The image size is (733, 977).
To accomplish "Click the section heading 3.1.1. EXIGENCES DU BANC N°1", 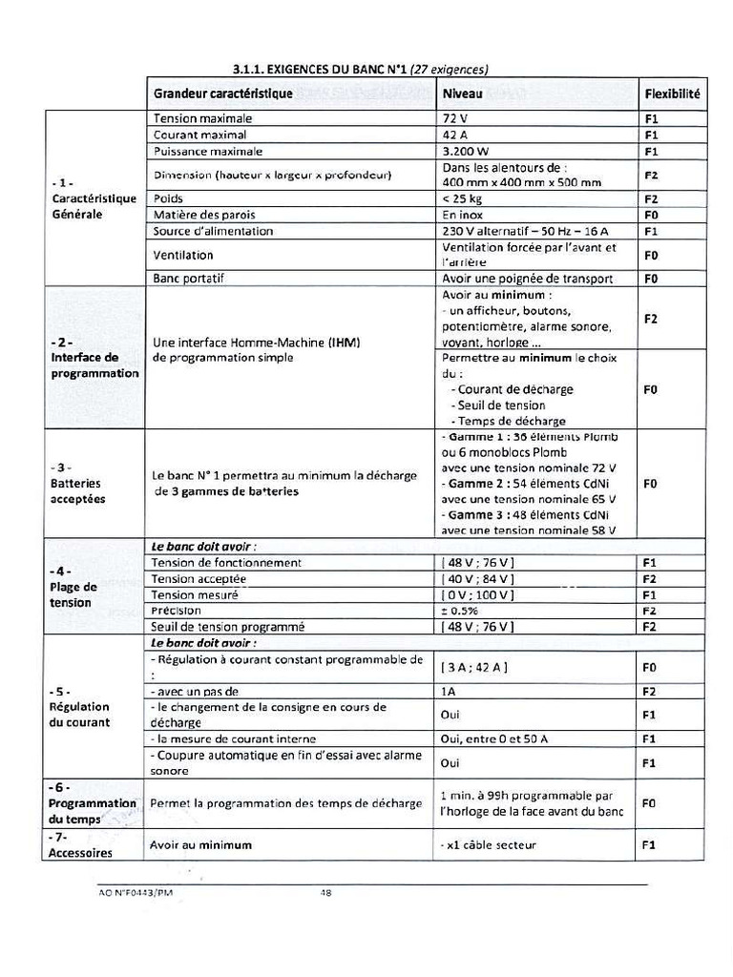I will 361,69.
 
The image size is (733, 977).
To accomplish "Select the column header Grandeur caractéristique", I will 223,94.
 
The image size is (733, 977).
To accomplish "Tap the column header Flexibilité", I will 672,94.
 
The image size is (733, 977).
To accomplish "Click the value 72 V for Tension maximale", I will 455,119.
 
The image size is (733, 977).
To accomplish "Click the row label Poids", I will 168,198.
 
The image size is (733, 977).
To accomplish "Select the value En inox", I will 465,215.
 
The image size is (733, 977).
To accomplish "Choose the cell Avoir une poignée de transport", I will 527,279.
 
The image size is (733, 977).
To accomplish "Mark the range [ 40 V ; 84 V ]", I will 478,579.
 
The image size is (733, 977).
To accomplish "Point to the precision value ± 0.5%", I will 460,611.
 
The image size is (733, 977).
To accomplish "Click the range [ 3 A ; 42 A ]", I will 474,667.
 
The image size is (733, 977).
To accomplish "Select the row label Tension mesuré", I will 195,594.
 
